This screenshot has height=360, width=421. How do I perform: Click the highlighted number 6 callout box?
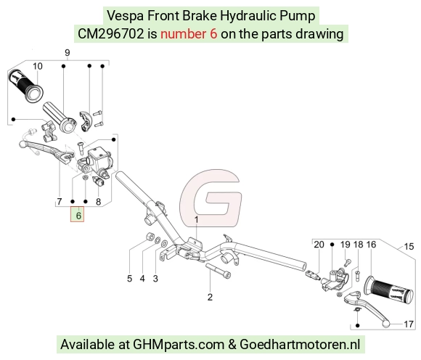pyautogui.click(x=78, y=215)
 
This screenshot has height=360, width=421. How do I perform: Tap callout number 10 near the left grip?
pyautogui.click(x=38, y=66)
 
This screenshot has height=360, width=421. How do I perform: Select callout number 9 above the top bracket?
pyautogui.click(x=68, y=52)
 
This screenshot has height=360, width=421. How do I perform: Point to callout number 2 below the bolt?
pyautogui.click(x=210, y=297)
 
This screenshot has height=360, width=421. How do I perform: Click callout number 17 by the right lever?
pyautogui.click(x=409, y=324)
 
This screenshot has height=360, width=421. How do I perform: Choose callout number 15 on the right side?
pyautogui.click(x=409, y=247)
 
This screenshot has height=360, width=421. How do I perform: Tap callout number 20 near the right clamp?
pyautogui.click(x=319, y=245)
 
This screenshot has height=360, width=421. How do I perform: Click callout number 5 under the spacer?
pyautogui.click(x=130, y=279)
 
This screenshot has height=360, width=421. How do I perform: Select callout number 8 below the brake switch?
pyautogui.click(x=98, y=202)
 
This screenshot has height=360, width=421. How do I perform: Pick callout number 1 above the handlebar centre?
pyautogui.click(x=196, y=220)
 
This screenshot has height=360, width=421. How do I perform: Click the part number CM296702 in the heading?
pyautogui.click(x=111, y=34)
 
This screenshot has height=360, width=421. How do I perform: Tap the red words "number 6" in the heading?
pyautogui.click(x=189, y=34)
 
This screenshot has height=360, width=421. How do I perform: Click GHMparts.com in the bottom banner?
pyautogui.click(x=179, y=345)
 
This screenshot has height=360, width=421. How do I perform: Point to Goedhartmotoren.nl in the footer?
pyautogui.click(x=300, y=344)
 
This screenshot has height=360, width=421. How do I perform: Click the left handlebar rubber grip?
pyautogui.click(x=26, y=86)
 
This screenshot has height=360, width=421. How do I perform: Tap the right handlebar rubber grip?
pyautogui.click(x=389, y=291)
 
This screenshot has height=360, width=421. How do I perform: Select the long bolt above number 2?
pyautogui.click(x=218, y=271)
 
